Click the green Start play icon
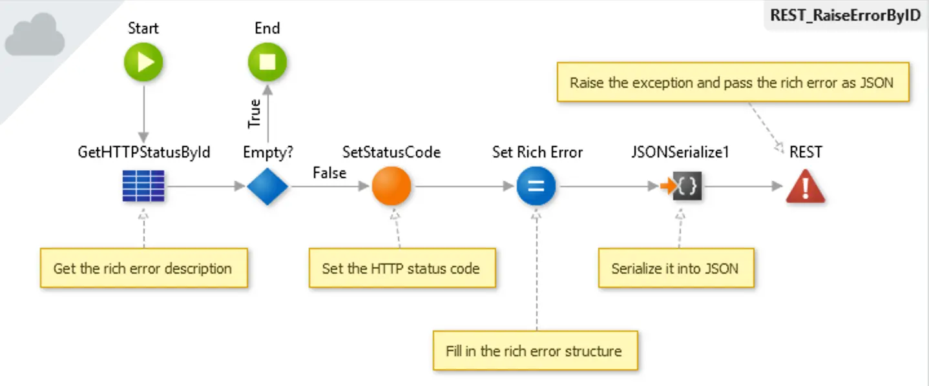click(143, 63)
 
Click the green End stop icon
click(267, 63)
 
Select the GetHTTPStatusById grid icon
click(143, 187)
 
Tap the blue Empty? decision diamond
click(267, 187)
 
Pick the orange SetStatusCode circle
click(391, 187)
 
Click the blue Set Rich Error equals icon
click(536, 187)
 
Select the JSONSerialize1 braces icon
click(686, 187)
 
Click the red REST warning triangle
click(805, 187)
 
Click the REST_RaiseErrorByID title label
click(845, 15)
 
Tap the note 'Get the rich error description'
click(143, 268)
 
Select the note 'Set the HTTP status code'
click(401, 268)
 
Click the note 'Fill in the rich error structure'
click(534, 351)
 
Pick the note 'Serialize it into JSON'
click(675, 268)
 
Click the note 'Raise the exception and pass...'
click(732, 83)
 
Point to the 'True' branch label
click(255, 113)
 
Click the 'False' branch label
click(329, 173)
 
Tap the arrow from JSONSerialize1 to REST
click(743, 187)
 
